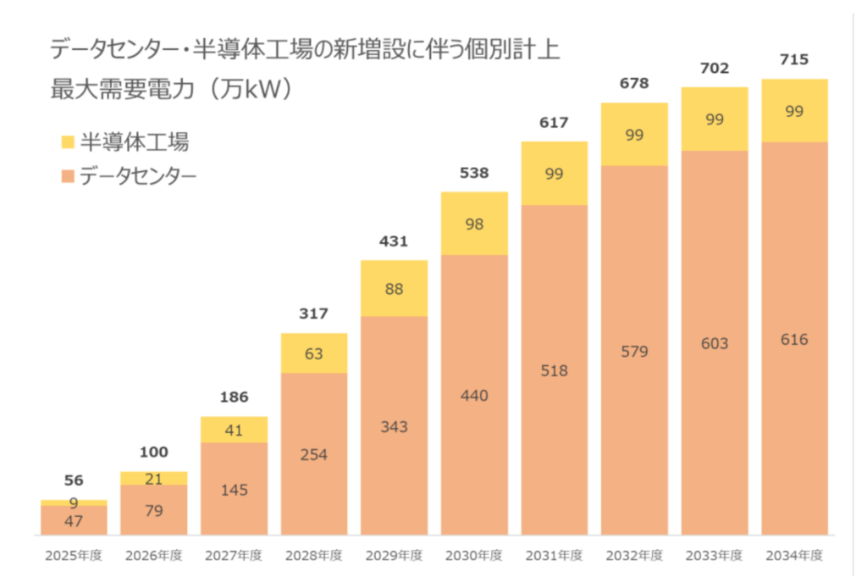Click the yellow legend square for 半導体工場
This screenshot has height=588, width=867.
[69, 141]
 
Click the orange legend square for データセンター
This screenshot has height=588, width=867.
[69, 177]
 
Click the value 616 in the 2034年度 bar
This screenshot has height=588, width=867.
[794, 340]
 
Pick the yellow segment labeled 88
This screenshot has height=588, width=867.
[394, 288]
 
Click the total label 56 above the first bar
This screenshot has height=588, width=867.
[74, 480]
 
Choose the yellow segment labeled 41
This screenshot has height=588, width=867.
[234, 430]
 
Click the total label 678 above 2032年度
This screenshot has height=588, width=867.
[634, 83]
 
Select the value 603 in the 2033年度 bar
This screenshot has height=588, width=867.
[714, 343]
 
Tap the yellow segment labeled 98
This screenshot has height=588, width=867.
[474, 223]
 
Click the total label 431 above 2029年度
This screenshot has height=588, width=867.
[394, 241]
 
